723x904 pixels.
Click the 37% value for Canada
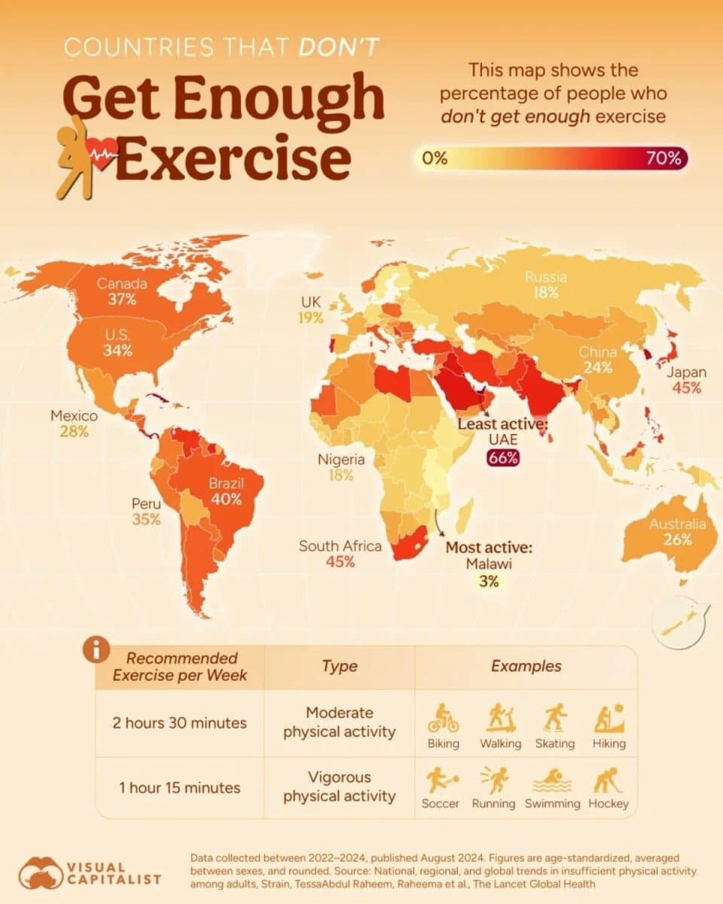121,300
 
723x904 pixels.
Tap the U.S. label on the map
118,334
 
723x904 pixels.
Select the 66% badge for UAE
503,457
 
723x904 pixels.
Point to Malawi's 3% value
488,581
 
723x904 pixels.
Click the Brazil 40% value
226,499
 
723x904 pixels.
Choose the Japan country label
686,372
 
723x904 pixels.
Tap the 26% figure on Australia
678,539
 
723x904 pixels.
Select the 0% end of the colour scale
435,158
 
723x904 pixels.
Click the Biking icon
443,719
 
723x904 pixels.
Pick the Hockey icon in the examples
608,780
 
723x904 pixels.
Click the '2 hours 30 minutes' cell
179,722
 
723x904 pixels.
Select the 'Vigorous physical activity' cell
339,786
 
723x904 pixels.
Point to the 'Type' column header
339,666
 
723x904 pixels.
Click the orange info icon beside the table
96,650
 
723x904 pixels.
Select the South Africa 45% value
340,561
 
